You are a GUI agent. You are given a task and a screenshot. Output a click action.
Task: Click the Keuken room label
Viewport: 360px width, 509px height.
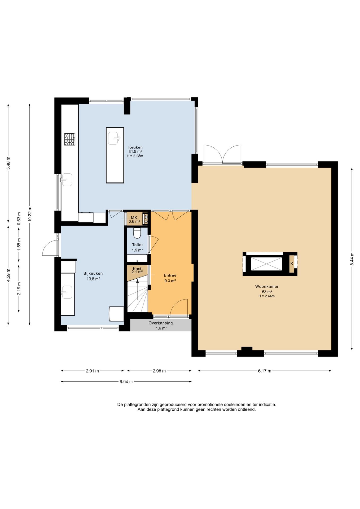tap(135, 147)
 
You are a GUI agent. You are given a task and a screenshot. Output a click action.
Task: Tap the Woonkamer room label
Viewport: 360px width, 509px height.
tap(267, 286)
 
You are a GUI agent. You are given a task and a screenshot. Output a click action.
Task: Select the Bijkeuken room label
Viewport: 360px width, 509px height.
tap(93, 273)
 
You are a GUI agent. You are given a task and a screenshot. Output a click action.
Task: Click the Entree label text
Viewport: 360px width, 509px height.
tap(170, 275)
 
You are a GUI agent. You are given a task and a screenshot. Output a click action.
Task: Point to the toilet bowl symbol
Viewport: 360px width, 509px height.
tap(137, 233)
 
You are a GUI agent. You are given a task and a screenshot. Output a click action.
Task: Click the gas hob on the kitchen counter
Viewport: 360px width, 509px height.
tap(70, 139)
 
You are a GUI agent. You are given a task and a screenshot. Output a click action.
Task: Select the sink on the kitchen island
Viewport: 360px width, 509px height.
tap(114, 138)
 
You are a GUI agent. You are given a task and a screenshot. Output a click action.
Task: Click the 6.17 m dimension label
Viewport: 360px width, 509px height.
tap(265, 371)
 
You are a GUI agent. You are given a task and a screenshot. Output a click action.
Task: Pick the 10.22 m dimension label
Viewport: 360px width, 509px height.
tap(30, 214)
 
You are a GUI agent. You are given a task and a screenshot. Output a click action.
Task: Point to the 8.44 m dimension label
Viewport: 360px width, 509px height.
tap(352, 259)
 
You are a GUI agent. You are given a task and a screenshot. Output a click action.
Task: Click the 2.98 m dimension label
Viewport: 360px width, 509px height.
tap(159, 371)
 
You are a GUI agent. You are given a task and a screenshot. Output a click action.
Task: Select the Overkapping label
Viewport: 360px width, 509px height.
tap(161, 323)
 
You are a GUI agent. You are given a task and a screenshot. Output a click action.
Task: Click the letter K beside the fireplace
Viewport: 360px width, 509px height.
tap(292, 264)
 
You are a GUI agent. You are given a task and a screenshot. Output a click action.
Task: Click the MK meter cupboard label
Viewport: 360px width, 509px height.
tap(134, 217)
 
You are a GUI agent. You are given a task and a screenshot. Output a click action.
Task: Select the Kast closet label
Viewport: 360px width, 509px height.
tap(137, 269)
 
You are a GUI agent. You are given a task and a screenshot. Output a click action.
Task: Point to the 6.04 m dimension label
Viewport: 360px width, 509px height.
tap(126, 382)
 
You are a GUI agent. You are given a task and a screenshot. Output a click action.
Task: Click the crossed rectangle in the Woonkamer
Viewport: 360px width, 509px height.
tap(267, 264)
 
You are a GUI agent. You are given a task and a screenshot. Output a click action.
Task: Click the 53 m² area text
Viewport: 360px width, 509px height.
tap(267, 292)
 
